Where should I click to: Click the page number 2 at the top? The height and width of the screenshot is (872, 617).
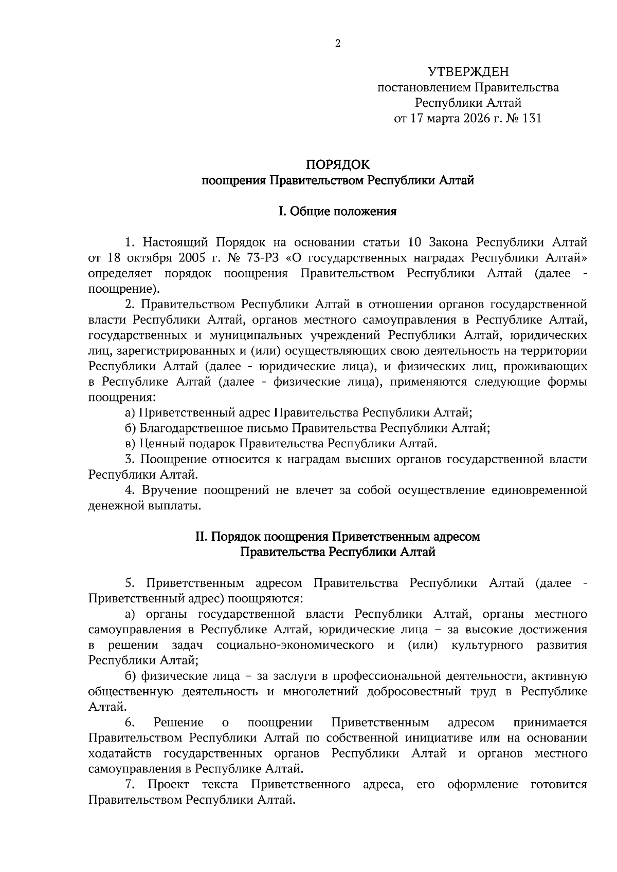coord(338,44)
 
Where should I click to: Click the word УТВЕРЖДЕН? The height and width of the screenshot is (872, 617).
coord(468,72)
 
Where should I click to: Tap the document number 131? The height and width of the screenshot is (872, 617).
coord(531,119)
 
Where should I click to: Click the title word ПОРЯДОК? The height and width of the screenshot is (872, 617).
coord(338,165)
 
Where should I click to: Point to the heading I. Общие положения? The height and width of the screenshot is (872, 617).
coord(338,211)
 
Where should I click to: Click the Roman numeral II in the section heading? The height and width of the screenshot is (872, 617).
coord(201,537)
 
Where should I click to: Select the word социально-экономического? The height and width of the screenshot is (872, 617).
coord(295,645)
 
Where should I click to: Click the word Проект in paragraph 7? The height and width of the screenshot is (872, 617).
coord(168,785)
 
